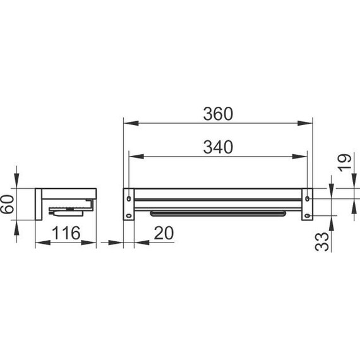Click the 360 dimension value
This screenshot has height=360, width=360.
[218, 114]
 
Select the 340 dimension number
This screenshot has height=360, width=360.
[218, 147]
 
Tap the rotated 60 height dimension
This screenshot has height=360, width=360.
[7, 204]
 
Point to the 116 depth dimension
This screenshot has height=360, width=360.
[66, 233]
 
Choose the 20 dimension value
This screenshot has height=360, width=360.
[164, 233]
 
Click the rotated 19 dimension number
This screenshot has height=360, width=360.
[344, 162]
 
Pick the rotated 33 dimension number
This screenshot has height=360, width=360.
[321, 242]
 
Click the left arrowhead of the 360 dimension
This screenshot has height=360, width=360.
[131, 123]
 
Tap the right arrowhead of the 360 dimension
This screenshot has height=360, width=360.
[305, 123]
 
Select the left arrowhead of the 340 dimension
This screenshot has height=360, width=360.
[136, 157]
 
